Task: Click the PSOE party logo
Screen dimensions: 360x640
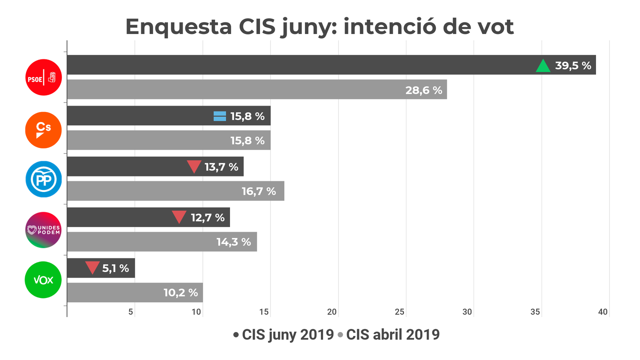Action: (x=44, y=77)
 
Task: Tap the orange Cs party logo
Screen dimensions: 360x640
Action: (x=44, y=130)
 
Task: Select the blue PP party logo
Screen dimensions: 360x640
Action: (x=44, y=179)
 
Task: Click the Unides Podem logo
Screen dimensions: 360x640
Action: (x=44, y=230)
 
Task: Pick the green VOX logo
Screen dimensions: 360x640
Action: (x=43, y=280)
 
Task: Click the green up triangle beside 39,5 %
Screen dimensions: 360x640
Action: (x=543, y=66)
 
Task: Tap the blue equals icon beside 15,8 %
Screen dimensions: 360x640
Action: (x=220, y=116)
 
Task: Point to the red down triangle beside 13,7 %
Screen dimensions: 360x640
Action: (x=194, y=166)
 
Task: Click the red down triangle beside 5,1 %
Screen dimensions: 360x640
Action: (x=92, y=268)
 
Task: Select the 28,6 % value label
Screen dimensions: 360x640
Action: (x=424, y=90)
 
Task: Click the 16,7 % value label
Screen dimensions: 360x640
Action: (x=258, y=191)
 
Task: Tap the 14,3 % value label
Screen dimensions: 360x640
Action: (x=234, y=242)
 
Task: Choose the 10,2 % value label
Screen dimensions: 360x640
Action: (x=180, y=293)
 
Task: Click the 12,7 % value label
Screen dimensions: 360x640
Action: (x=208, y=218)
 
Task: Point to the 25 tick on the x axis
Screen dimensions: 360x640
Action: (x=400, y=312)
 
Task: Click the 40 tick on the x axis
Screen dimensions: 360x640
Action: (x=603, y=312)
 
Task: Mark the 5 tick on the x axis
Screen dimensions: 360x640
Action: (x=131, y=312)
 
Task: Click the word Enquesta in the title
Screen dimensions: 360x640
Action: (x=178, y=27)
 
